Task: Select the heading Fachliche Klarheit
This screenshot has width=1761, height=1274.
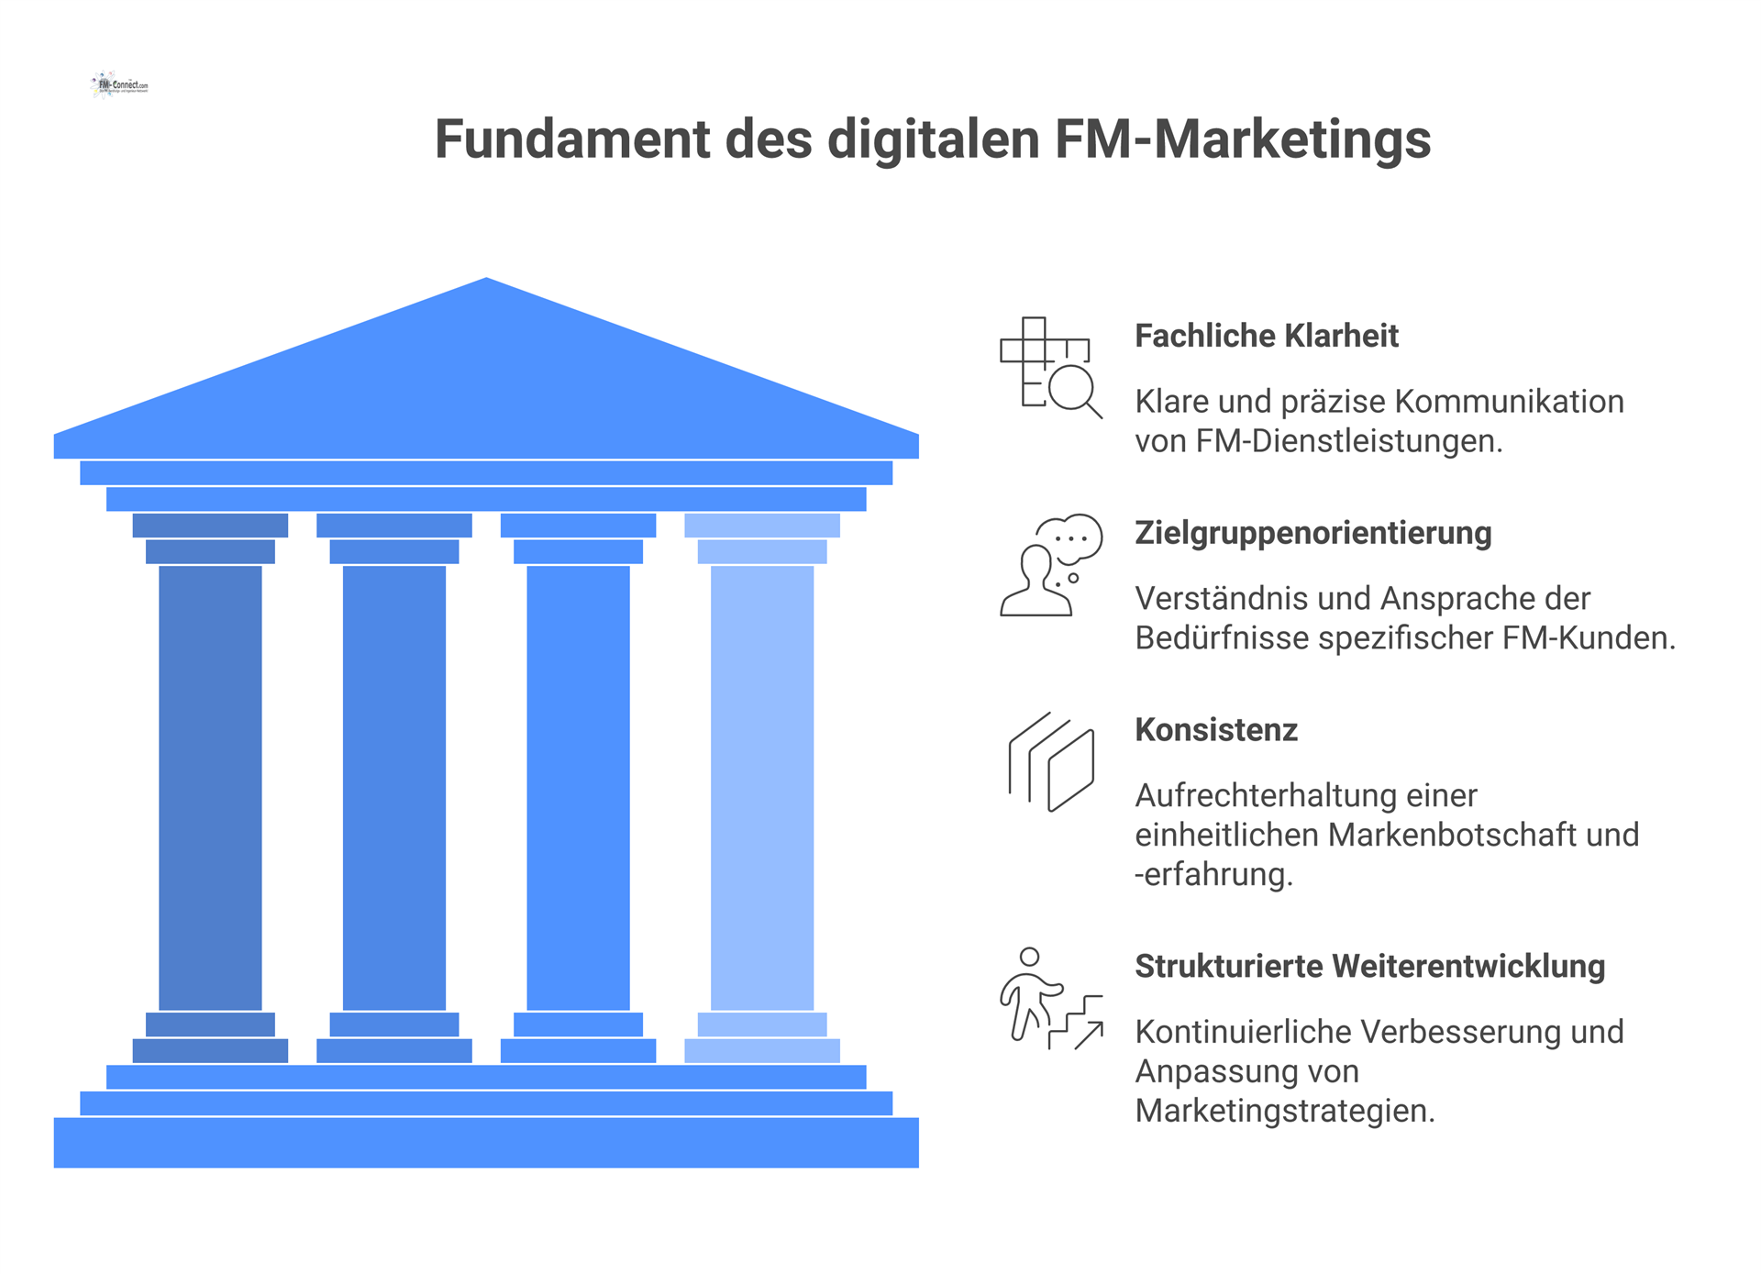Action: click(x=1266, y=336)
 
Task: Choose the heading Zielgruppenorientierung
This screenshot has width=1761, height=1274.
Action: click(x=1312, y=533)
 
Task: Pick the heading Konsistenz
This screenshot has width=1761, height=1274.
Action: click(x=1215, y=730)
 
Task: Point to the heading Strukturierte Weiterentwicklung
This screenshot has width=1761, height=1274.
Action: click(x=1369, y=967)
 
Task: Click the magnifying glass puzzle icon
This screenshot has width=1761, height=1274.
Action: click(x=1050, y=367)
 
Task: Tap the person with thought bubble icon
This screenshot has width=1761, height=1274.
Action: click(x=1050, y=564)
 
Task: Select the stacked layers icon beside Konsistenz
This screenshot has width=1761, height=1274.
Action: click(x=1050, y=761)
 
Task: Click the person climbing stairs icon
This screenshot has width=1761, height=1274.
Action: click(x=1050, y=998)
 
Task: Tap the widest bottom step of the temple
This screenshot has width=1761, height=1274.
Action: click(x=486, y=1142)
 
